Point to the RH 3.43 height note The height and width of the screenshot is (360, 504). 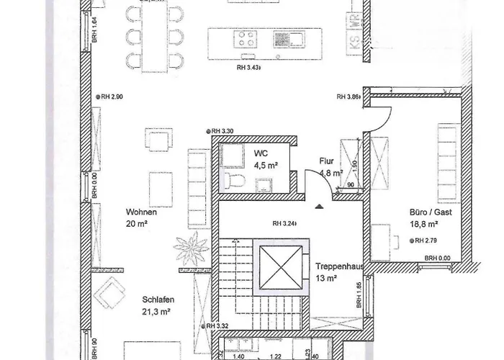[248, 68]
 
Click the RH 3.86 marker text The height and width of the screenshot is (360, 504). [347, 96]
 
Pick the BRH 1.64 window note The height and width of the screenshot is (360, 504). [95, 32]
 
